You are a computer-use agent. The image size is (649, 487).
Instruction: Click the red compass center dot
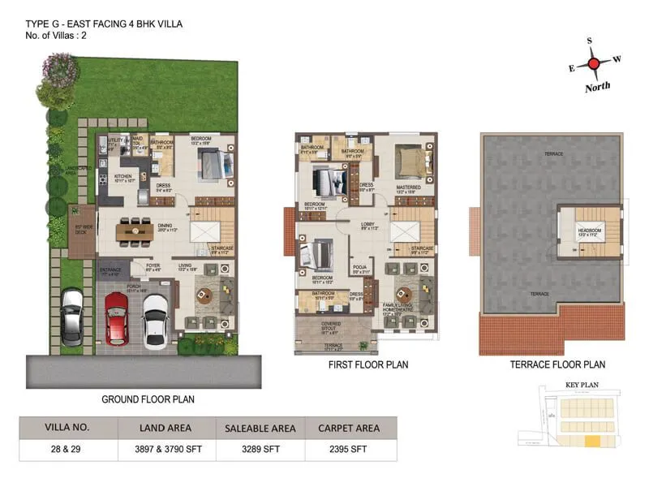coord(594,63)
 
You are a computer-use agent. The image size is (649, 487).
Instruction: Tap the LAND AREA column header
coord(165,428)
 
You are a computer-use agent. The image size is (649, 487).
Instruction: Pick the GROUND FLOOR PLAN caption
coord(147,399)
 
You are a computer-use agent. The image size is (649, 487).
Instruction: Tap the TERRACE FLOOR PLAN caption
coord(557,365)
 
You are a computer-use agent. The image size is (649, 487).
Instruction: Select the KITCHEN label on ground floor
coord(122,175)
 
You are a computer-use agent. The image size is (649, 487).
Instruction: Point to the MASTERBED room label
coord(408,187)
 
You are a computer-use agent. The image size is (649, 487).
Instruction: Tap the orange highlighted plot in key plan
coord(594,442)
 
